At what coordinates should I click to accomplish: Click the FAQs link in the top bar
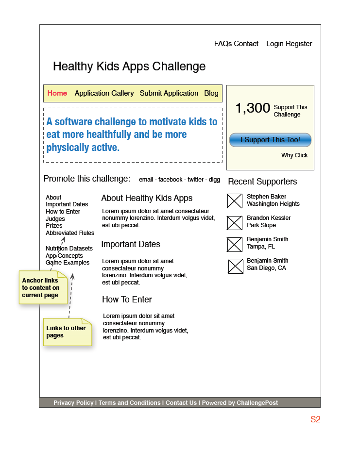click(x=223, y=44)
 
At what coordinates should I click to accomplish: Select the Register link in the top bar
click(x=299, y=44)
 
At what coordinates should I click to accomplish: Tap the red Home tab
click(x=57, y=93)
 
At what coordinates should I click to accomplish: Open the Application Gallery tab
click(x=104, y=93)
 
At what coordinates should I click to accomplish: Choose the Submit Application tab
click(x=169, y=93)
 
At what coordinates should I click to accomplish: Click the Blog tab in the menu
click(x=211, y=93)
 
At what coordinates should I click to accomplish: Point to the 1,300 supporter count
click(x=253, y=108)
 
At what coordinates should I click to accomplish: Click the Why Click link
click(x=294, y=155)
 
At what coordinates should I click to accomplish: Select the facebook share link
click(x=171, y=180)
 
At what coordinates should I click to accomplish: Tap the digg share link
click(x=214, y=180)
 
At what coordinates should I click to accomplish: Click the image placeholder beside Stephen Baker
click(x=235, y=201)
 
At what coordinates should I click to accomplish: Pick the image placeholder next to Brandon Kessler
click(x=235, y=223)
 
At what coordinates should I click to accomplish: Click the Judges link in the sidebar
click(x=55, y=219)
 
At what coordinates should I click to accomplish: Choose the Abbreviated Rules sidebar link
click(x=70, y=233)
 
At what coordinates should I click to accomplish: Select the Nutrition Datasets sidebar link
click(x=69, y=249)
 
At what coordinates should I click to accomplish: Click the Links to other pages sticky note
click(x=67, y=332)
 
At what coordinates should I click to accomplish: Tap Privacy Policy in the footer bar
click(x=73, y=403)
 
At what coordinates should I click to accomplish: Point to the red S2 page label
click(x=315, y=419)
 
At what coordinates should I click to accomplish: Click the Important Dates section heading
click(x=131, y=244)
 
